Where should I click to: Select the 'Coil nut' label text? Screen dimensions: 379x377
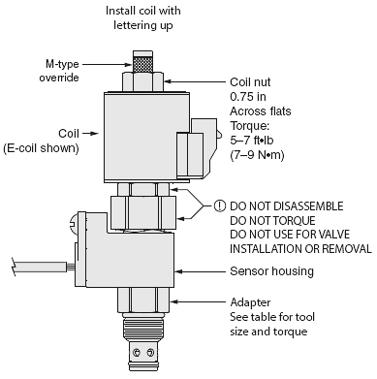click(x=249, y=83)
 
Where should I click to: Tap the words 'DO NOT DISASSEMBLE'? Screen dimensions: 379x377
click(x=286, y=205)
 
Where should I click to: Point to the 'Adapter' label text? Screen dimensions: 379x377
click(x=251, y=301)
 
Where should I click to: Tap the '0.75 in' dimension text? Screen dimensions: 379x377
click(x=248, y=97)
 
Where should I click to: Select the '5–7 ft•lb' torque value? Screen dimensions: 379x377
click(x=254, y=141)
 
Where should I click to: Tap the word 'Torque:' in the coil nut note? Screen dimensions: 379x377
click(x=249, y=126)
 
